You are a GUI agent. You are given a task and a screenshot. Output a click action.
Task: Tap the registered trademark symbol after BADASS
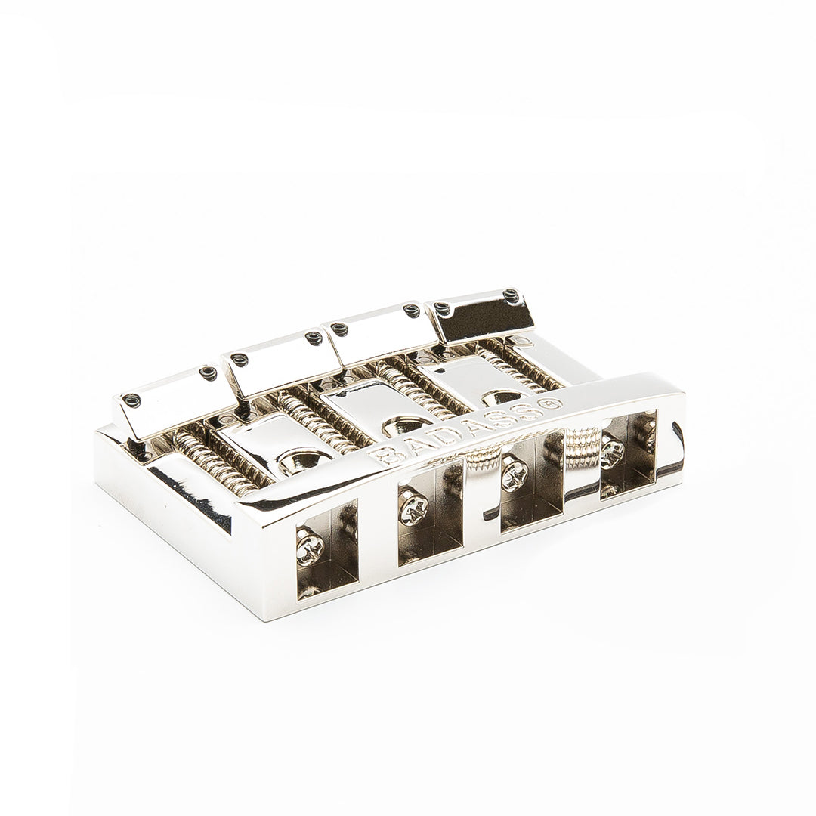click(x=552, y=403)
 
